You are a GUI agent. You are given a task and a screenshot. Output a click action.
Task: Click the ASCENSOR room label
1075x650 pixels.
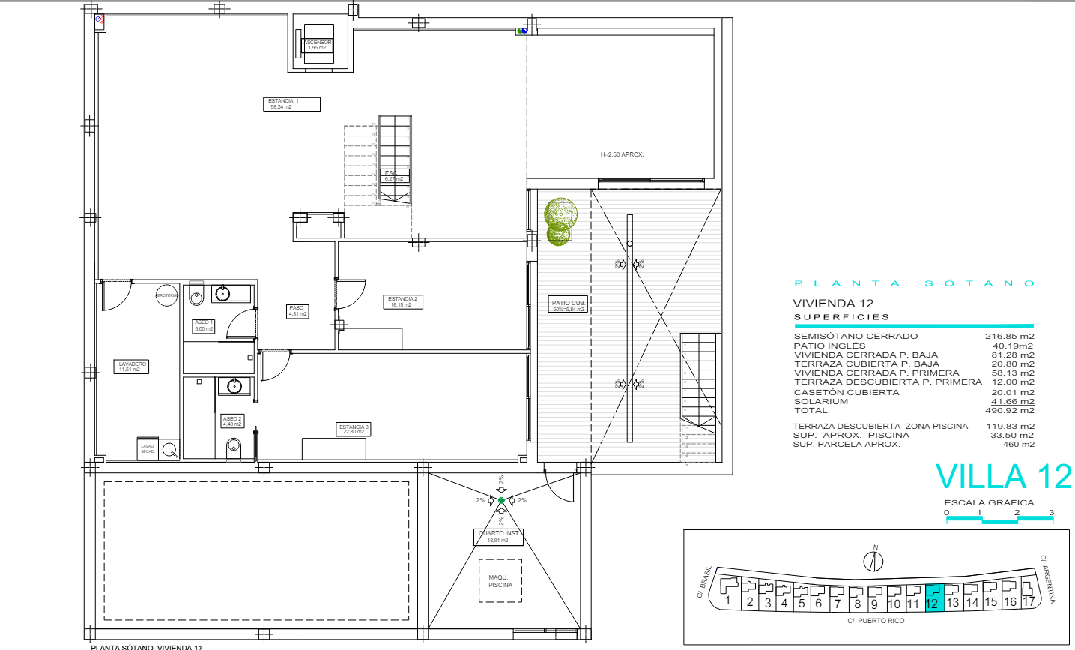click(x=318, y=45)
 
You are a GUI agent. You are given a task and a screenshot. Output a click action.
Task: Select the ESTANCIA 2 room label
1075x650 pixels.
click(x=403, y=302)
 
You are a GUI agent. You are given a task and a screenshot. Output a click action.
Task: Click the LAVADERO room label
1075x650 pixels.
click(x=132, y=367)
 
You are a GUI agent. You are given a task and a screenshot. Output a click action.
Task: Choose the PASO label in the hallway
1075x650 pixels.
click(x=297, y=310)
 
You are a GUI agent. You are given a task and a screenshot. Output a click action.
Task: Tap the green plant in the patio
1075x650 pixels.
click(x=559, y=221)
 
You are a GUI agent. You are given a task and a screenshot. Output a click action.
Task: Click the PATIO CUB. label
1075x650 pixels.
click(x=569, y=305)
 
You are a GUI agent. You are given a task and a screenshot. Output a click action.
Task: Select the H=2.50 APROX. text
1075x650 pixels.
click(x=622, y=154)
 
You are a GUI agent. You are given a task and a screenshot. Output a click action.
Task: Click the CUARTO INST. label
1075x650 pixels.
click(x=498, y=536)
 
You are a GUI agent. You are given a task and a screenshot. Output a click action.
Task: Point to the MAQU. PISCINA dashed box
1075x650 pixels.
click(x=500, y=581)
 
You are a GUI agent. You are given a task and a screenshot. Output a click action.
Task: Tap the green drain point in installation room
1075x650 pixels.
click(x=501, y=500)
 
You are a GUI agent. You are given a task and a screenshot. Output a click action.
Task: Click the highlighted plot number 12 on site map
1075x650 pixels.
click(x=932, y=600)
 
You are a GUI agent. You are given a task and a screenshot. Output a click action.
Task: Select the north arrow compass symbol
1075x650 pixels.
click(x=873, y=559)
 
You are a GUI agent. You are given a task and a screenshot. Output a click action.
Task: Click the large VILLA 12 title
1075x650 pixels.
click(x=1003, y=478)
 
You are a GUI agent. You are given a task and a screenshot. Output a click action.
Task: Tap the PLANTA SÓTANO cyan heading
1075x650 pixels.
click(x=914, y=283)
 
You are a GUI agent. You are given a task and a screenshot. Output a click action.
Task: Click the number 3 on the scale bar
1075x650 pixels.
click(x=1051, y=513)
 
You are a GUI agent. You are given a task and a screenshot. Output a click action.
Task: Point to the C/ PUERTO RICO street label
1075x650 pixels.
click(x=876, y=621)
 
